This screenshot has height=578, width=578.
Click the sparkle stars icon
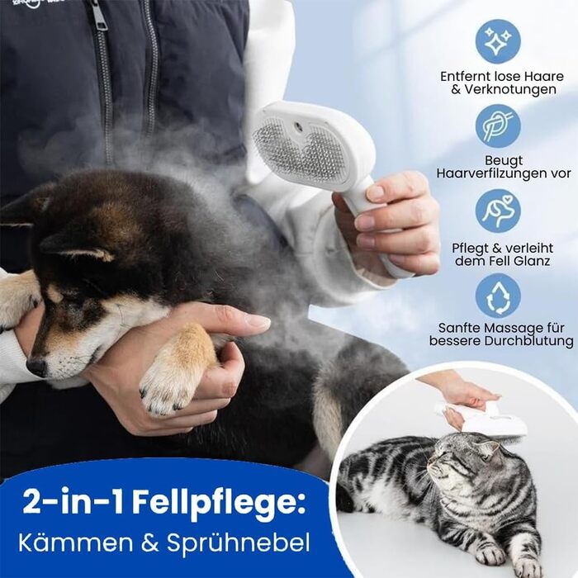(x=498, y=41)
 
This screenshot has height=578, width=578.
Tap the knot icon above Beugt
(x=498, y=126)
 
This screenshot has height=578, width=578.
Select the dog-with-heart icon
(x=498, y=211)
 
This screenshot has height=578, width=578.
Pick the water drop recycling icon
(x=498, y=296)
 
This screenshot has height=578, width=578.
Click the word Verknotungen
(x=509, y=89)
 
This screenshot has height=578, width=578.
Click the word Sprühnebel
(x=238, y=543)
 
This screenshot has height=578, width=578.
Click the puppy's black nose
(x=36, y=367)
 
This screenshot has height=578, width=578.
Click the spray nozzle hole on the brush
(x=296, y=127)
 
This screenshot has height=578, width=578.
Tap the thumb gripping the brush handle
(x=371, y=192)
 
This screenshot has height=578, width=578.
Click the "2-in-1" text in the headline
(x=73, y=500)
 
